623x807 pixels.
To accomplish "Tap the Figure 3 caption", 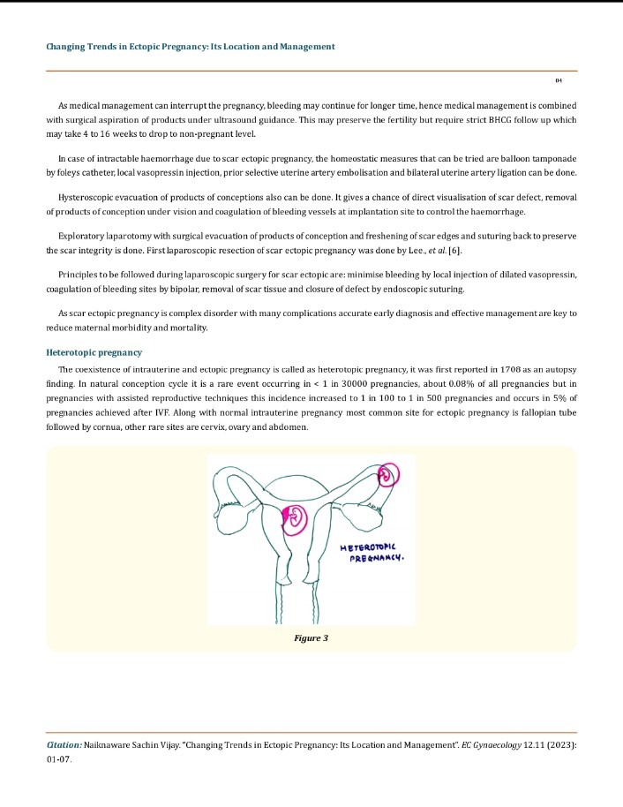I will [311, 637].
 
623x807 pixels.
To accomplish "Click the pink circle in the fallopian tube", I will [389, 477].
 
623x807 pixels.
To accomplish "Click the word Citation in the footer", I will [64, 745].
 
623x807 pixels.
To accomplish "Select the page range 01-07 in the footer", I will [60, 759].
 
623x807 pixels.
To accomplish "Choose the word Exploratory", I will [85, 237].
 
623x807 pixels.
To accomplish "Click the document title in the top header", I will [191, 46].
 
